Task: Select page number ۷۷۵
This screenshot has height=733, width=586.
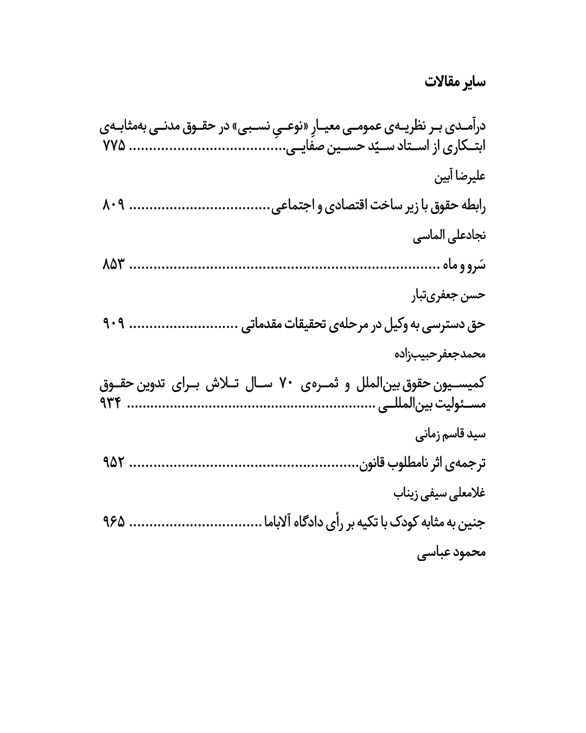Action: tap(113, 146)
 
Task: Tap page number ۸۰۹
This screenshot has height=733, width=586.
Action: tap(113, 206)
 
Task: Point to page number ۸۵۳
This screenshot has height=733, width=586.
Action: tap(113, 266)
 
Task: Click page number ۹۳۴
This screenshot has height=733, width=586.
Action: tap(113, 404)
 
